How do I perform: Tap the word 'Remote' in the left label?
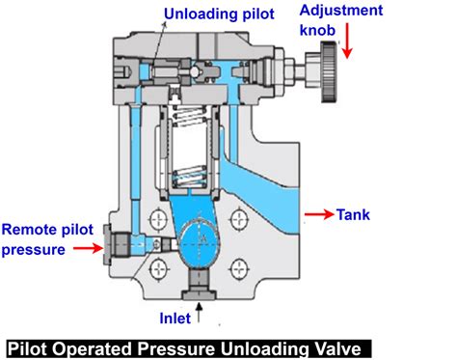[28, 230]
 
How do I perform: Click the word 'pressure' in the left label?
[33, 249]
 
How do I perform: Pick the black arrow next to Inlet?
[200, 312]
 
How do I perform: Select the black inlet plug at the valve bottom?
[199, 283]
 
